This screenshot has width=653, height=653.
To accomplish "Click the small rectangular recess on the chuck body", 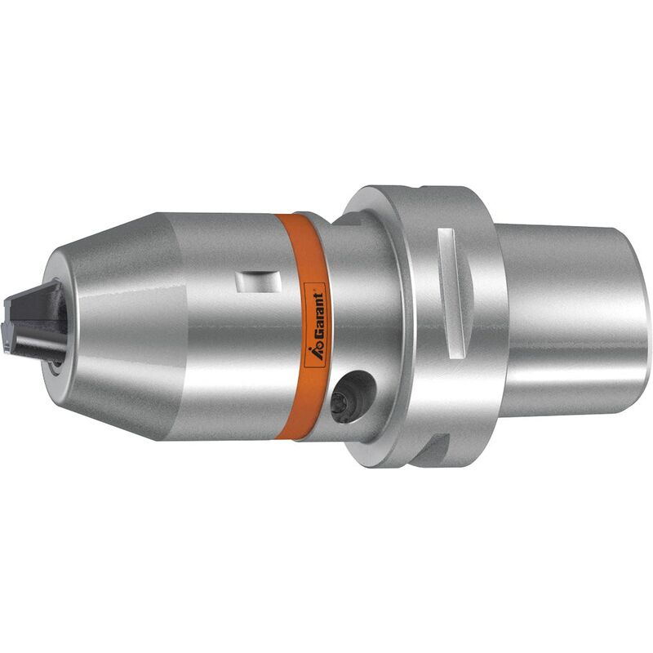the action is coord(259,282).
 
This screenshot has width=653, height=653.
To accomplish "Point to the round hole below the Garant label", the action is coord(353,397).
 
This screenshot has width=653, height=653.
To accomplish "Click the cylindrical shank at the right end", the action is coord(573,320).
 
